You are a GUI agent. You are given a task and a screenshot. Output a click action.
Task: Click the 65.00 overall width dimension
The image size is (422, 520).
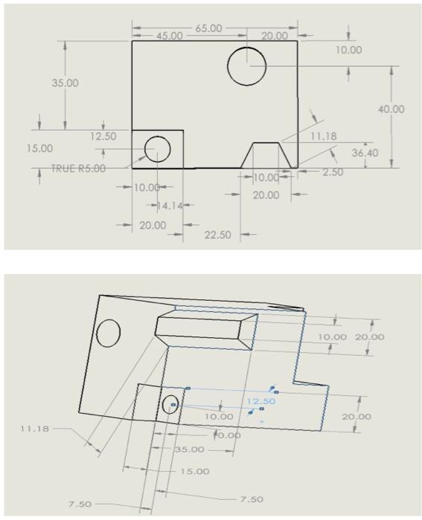coord(208,28)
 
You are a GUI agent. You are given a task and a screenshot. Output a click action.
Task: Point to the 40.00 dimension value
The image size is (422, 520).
coord(391,109)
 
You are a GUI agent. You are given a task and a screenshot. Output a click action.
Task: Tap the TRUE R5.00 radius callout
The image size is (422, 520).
coord(78,168)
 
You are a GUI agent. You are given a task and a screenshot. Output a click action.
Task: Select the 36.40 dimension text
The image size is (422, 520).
coord(364,154)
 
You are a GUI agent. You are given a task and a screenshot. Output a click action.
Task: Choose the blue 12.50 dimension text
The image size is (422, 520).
coord(260,401)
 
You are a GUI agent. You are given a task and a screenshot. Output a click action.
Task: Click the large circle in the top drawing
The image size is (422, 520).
coord(247,65)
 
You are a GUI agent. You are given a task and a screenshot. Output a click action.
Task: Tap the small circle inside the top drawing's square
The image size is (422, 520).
coord(157,149)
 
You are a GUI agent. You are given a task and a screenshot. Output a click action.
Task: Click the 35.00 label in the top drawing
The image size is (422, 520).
coord(65,82)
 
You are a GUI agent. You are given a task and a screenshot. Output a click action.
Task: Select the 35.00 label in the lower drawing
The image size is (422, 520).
coord(189,449)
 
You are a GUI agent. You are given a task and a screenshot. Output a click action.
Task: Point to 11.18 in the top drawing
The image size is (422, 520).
coord(324,137)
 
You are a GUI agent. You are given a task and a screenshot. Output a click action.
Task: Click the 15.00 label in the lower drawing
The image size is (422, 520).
coord(195,471)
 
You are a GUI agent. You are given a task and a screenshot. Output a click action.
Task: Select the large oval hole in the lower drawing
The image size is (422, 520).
coord(109,333)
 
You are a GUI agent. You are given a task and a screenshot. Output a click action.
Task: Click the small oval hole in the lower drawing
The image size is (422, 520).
coord(170,406)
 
